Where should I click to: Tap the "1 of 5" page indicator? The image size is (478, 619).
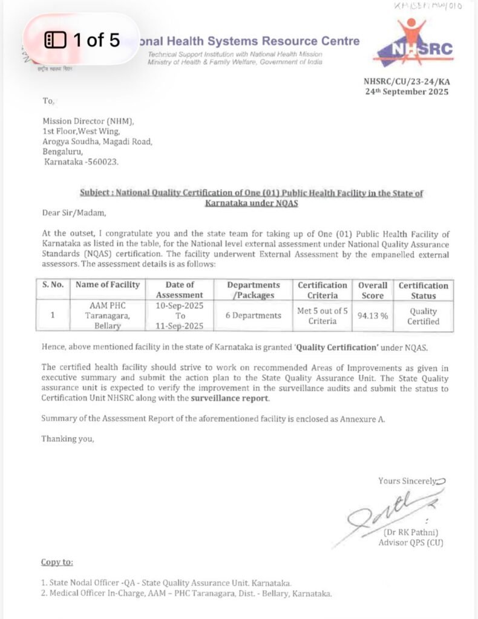coord(83,41)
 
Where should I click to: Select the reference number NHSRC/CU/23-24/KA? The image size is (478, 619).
coord(406,81)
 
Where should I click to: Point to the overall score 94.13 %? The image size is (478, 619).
coord(373,316)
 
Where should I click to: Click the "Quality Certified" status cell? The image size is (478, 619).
coord(424,316)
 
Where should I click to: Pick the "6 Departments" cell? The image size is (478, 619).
coord(254,316)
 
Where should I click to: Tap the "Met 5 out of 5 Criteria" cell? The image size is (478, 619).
coord(322,316)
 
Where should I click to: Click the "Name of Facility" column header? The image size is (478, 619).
coord(106,285)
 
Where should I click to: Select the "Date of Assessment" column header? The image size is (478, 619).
coord(180,290)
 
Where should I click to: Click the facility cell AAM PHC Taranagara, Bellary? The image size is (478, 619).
coord(106,316)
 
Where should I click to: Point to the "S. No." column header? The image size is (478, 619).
coord(53,285)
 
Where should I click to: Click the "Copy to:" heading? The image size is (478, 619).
coord(57,562)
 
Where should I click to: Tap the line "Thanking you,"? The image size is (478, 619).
coord(68,439)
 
